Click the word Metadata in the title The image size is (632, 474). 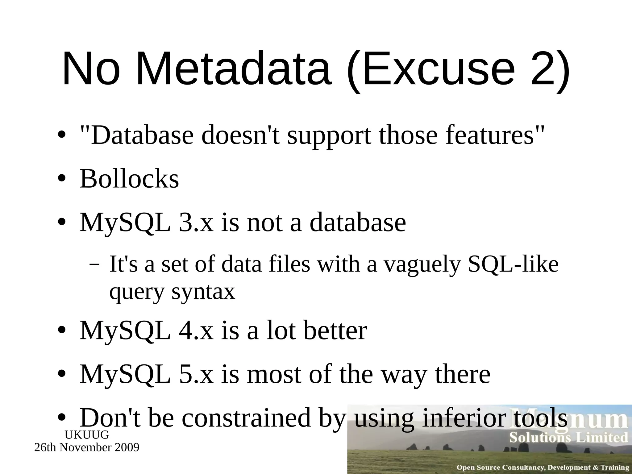click(x=234, y=69)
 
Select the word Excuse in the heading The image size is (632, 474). click(x=437, y=69)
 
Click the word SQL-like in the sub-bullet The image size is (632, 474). click(x=513, y=264)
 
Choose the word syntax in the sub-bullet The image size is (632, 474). click(x=203, y=292)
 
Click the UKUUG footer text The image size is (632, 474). click(x=87, y=435)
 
